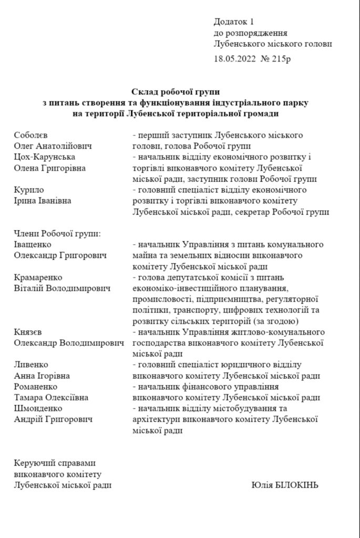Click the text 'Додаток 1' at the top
coord(234,22)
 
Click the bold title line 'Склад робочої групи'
coord(175,91)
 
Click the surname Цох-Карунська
coord(45,157)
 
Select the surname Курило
coord(29,190)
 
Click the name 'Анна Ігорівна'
coord(42,376)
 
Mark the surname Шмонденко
coord(38,408)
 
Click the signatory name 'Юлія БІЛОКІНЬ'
coord(285,485)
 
